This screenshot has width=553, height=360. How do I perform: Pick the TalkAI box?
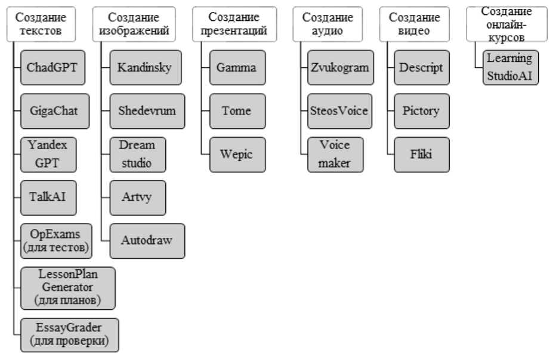tap(48, 198)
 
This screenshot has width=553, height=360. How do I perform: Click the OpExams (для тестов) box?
tap(55, 241)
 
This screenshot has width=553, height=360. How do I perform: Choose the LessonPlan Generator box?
tap(67, 288)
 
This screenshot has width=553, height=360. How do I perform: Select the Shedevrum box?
tap(146, 111)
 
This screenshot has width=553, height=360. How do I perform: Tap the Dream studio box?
tap(137, 154)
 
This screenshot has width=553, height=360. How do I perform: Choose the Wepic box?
tap(236, 154)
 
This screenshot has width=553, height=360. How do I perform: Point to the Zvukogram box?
tap(339, 67)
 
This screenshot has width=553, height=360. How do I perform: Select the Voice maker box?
tap(335, 154)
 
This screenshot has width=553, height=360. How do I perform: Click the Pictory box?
tap(421, 111)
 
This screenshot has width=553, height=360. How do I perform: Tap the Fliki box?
tap(421, 154)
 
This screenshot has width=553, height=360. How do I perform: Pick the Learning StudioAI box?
tap(510, 67)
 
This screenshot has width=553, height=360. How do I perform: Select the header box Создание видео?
tap(414, 24)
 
